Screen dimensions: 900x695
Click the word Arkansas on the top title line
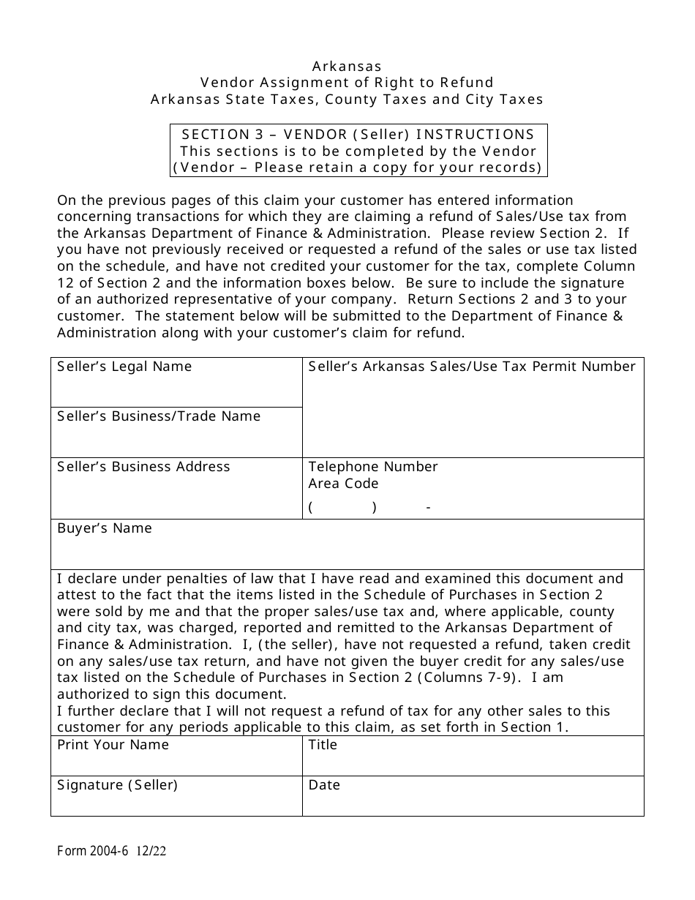347,66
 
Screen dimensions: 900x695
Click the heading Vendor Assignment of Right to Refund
347,83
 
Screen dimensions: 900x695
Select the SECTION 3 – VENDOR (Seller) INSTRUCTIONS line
358,134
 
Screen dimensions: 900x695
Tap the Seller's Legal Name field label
124,367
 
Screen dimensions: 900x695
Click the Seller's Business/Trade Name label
159,416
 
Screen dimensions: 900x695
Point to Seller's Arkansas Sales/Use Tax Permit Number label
472,367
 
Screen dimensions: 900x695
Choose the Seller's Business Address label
143,467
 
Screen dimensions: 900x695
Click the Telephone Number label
373,467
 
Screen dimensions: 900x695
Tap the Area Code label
343,484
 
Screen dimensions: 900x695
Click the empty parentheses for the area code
342,507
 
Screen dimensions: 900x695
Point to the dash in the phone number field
428,507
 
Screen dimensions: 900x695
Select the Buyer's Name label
105,528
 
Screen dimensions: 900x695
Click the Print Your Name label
113,745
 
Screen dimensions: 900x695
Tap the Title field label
323,745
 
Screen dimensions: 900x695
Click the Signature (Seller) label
117,785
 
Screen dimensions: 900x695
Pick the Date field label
324,785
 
